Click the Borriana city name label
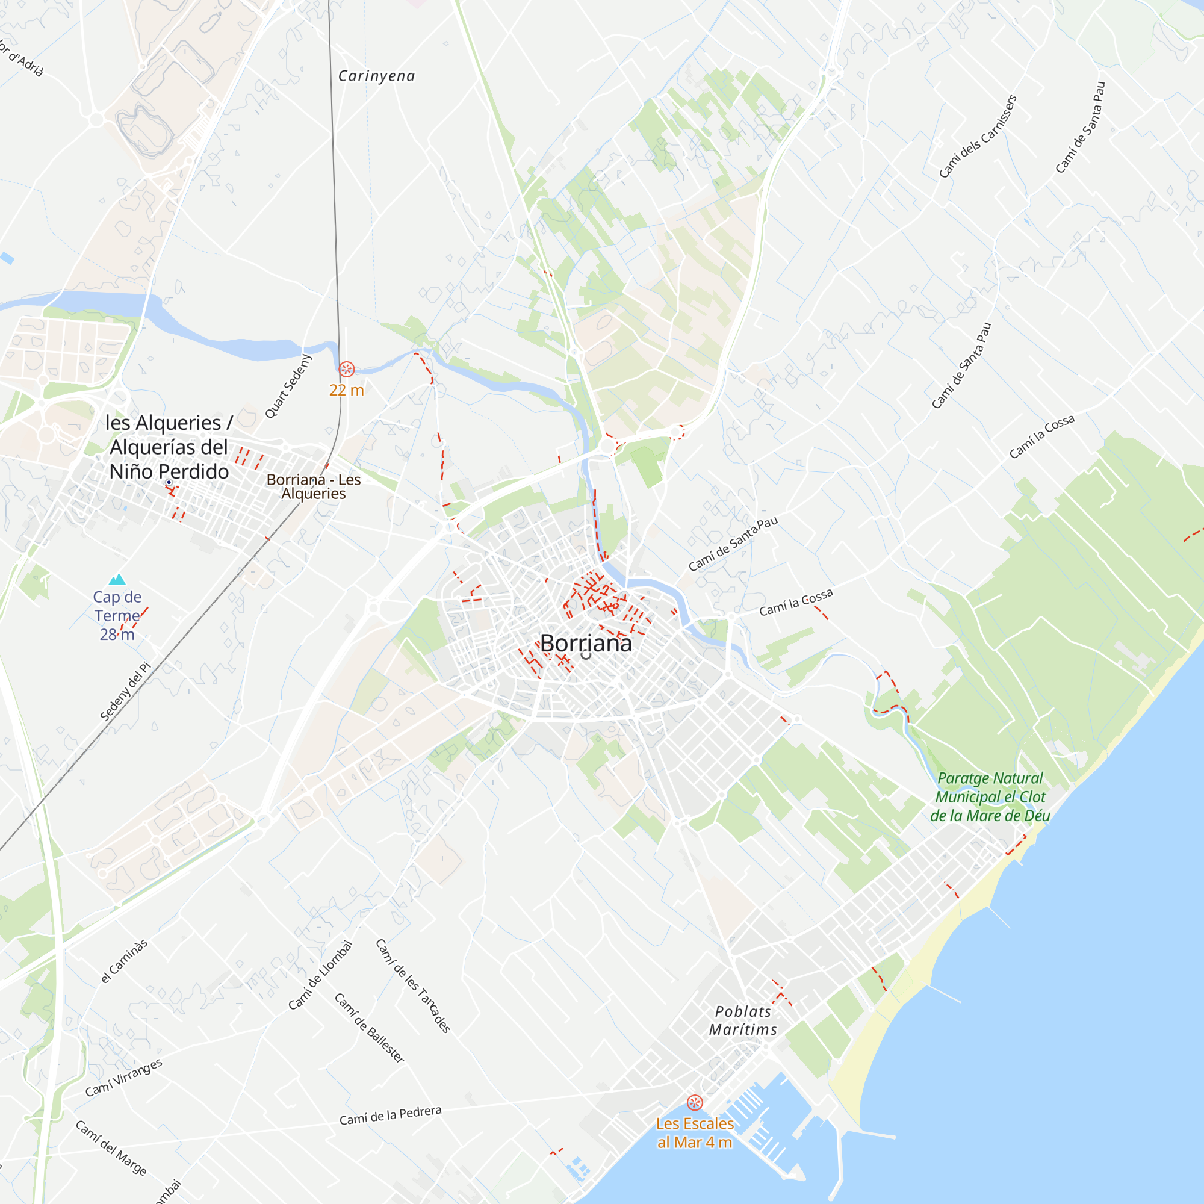coord(586,643)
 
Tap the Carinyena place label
coord(376,76)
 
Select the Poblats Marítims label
coord(743,1021)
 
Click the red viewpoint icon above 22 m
coord(347,370)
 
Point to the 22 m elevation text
coord(347,390)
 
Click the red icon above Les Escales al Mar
coord(695,1102)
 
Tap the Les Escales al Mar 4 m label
coord(695,1133)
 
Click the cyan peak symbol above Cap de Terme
coord(117,580)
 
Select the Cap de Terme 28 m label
coord(117,616)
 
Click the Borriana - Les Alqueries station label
coord(314,486)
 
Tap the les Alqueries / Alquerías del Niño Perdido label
coord(169,447)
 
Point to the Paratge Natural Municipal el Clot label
coord(990,797)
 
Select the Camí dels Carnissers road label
coord(978,137)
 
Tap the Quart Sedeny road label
coord(288,386)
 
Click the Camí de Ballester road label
coord(370,1028)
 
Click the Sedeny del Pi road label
coord(125,692)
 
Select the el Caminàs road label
coord(125,961)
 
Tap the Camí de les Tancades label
coord(412,986)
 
